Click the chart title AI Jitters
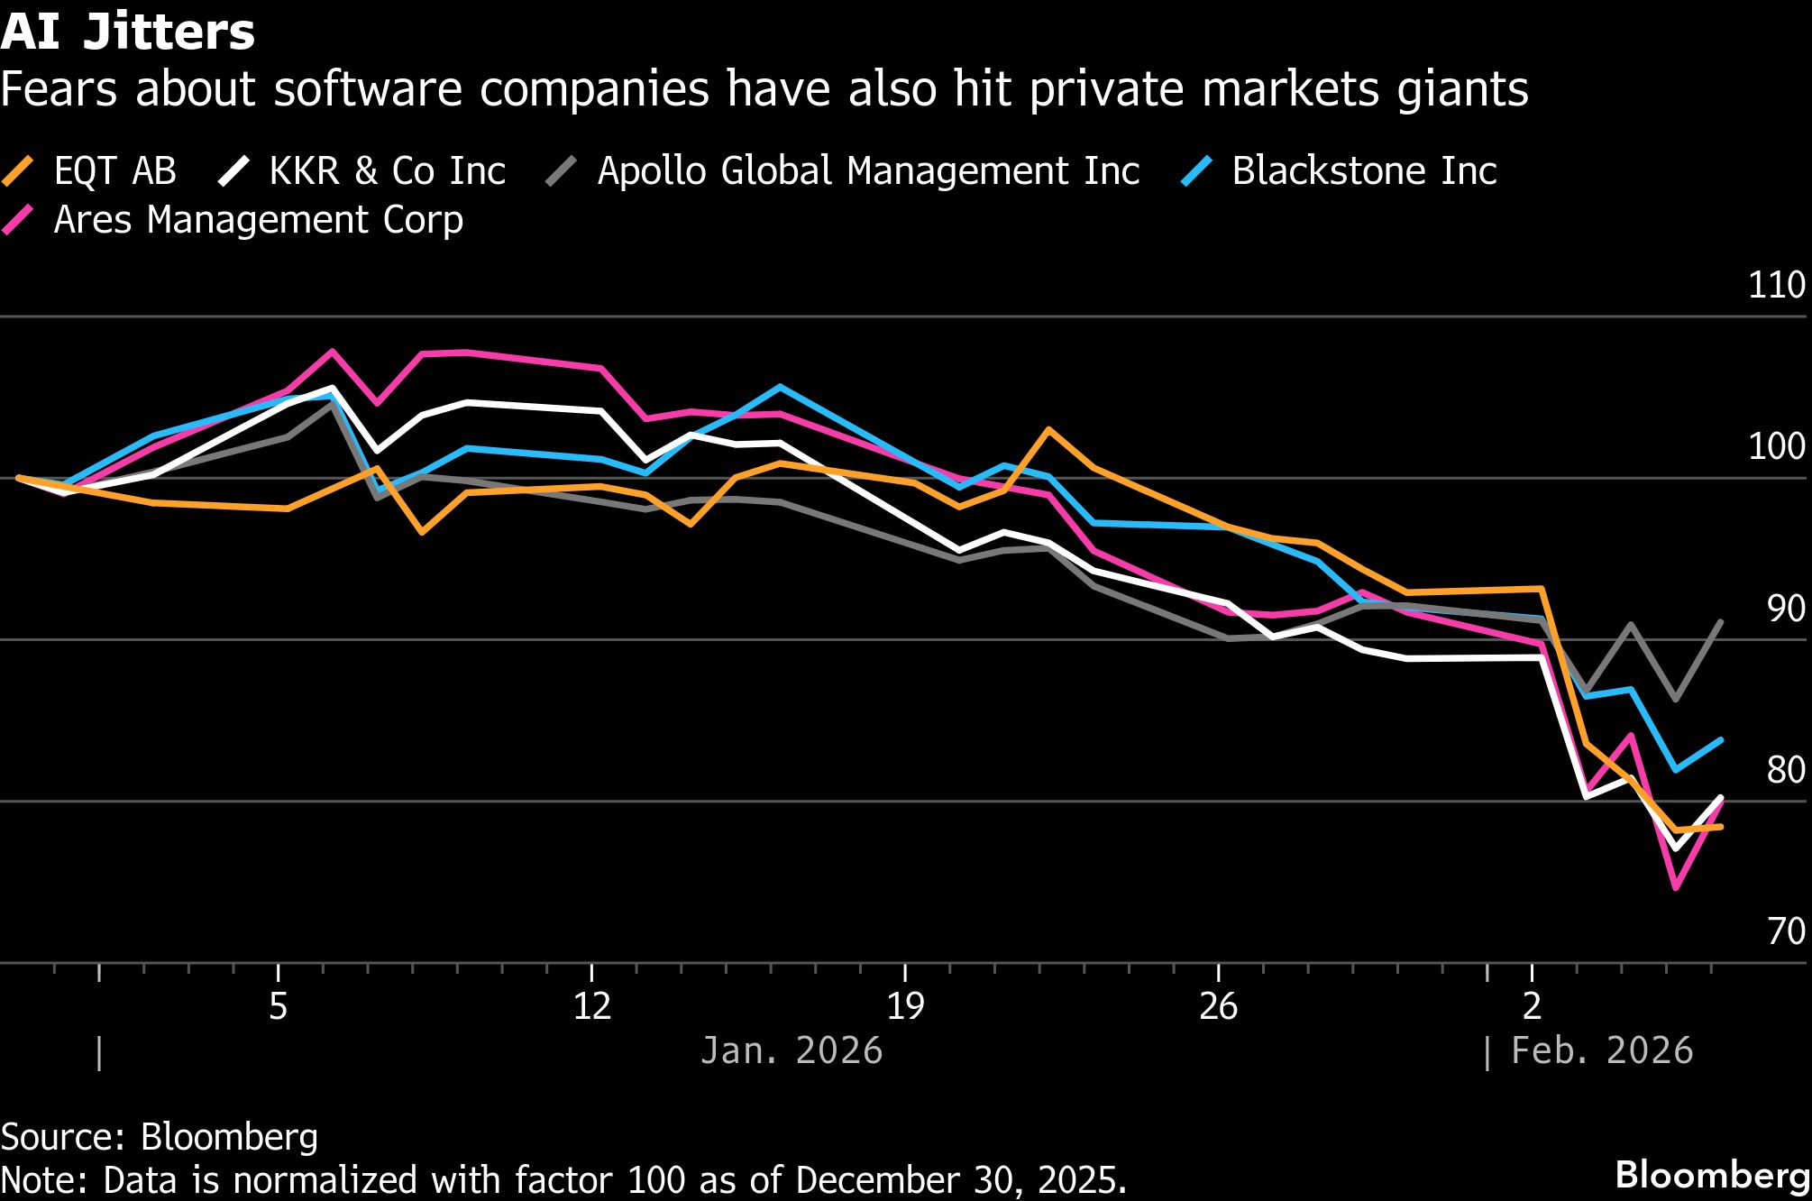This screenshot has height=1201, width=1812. (128, 32)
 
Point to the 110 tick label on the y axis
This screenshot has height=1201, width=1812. (1776, 285)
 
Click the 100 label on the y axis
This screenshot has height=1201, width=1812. (1776, 446)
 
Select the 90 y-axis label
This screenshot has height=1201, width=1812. (1785, 609)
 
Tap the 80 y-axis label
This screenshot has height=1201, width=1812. (1785, 770)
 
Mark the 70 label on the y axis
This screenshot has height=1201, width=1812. (1785, 931)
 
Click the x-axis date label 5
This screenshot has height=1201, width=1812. (278, 1005)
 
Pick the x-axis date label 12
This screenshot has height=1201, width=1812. (591, 1005)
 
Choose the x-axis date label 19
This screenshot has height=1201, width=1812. (905, 1005)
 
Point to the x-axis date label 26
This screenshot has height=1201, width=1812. (1218, 1005)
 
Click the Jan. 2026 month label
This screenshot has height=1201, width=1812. (792, 1051)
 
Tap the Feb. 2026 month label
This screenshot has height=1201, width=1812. (1601, 1051)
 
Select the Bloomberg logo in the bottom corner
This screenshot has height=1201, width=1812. (1712, 1175)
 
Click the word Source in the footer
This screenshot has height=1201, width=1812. (62, 1137)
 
